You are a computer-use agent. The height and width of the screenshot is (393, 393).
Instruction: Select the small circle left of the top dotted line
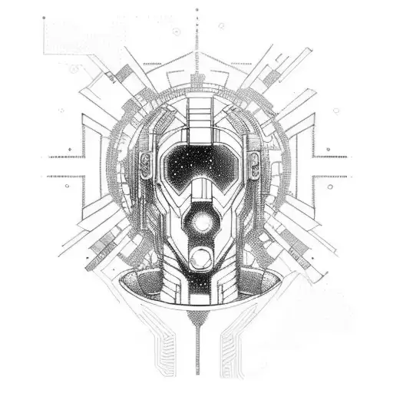[176, 31]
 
